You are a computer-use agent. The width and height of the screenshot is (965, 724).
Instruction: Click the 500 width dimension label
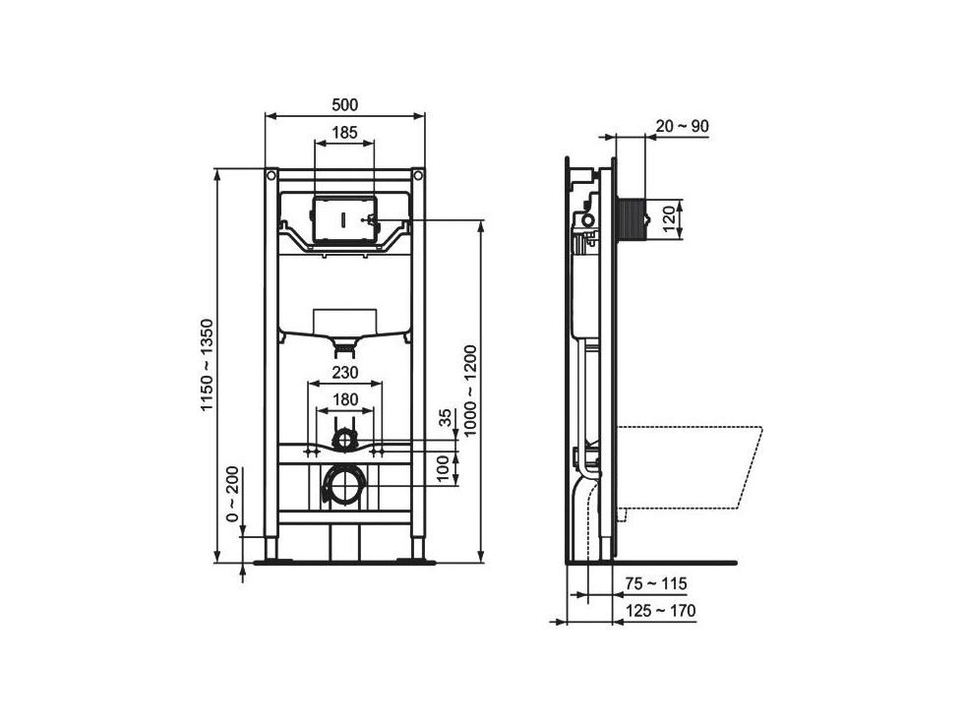(x=344, y=104)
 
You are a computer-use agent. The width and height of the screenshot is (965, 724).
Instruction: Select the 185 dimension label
(x=344, y=133)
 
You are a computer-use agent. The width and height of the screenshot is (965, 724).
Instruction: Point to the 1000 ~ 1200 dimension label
(x=471, y=391)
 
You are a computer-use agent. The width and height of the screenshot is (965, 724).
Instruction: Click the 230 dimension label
(x=345, y=373)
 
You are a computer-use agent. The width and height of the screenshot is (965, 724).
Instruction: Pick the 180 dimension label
(x=345, y=399)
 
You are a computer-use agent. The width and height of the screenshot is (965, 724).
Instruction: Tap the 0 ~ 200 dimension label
(x=232, y=494)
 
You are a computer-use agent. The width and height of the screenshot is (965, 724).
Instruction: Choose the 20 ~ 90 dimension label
(x=682, y=126)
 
